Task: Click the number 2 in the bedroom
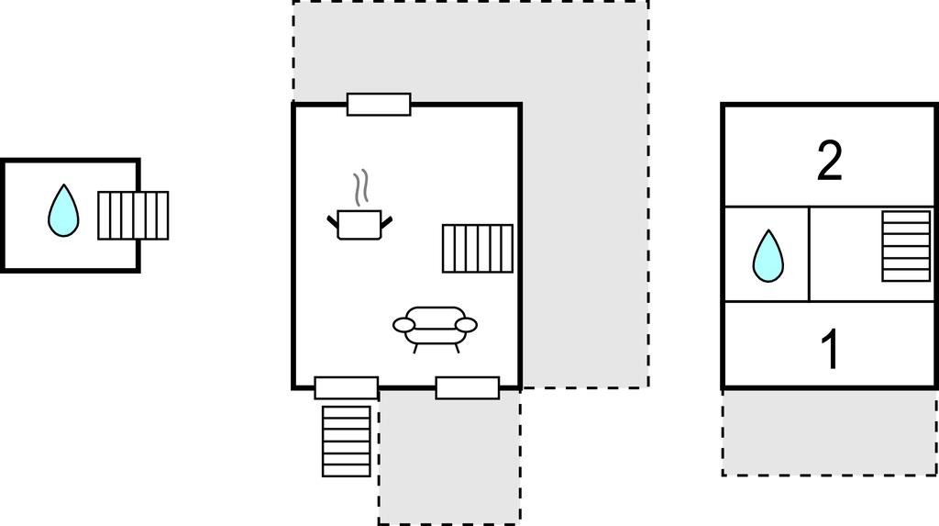click(829, 160)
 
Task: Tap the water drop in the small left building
click(63, 210)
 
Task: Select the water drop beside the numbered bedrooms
click(768, 256)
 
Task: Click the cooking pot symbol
click(359, 225)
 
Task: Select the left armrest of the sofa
click(404, 325)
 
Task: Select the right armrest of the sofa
click(467, 325)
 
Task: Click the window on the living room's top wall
click(379, 105)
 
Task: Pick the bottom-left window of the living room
click(347, 388)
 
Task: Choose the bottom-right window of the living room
click(468, 388)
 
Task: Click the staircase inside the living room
click(478, 248)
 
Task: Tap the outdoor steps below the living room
click(347, 442)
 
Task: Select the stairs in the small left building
click(133, 216)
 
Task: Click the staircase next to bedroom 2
click(907, 246)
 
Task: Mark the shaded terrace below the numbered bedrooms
click(830, 433)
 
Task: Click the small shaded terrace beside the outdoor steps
click(449, 457)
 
